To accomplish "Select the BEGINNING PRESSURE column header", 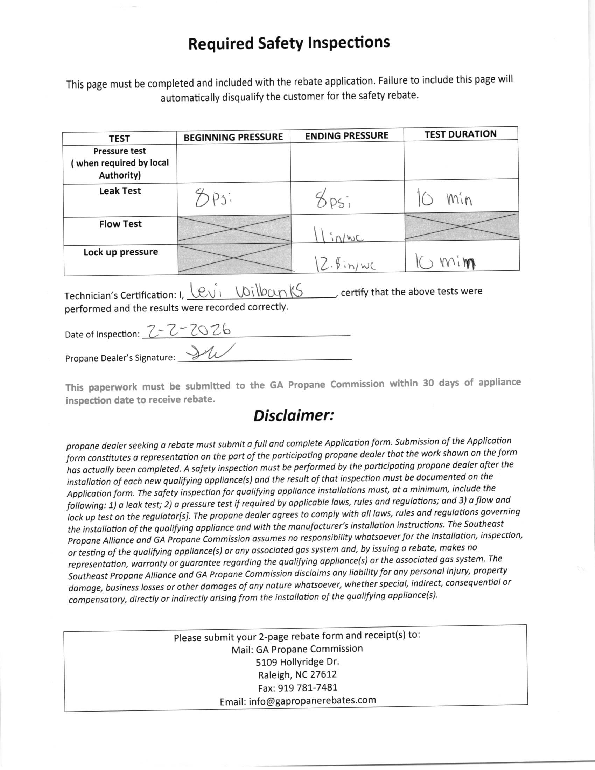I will click(233, 137).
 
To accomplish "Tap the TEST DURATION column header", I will click(460, 134).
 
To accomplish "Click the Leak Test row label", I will click(120, 191).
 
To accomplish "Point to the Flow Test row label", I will click(120, 224).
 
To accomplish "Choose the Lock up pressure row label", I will click(120, 252).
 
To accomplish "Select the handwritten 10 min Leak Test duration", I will click(444, 198).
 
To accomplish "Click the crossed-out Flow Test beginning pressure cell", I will click(234, 229).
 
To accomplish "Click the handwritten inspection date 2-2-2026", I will click(189, 331).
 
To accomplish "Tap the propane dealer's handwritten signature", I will click(208, 353).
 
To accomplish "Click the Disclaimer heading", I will click(293, 416).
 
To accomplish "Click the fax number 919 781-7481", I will click(297, 687).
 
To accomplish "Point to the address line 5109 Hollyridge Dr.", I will click(297, 662).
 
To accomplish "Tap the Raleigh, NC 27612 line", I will click(297, 674).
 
